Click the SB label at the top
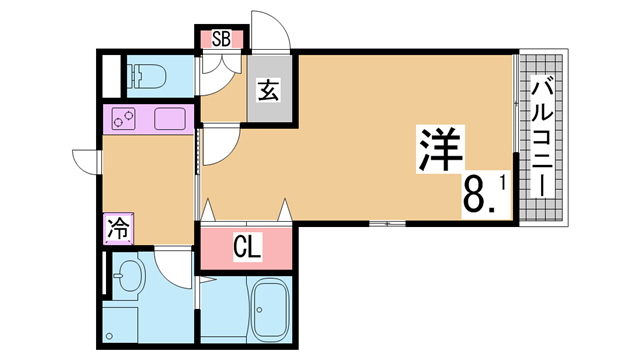[x=221, y=40]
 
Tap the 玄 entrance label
[x=269, y=90]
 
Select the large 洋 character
[x=441, y=149]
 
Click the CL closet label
[x=247, y=247]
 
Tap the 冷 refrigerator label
[x=118, y=229]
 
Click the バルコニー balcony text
[x=542, y=138]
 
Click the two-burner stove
[x=124, y=119]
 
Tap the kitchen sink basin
[x=170, y=119]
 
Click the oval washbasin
[x=128, y=275]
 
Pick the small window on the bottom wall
[x=387, y=223]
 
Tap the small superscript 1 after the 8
[x=502, y=184]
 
